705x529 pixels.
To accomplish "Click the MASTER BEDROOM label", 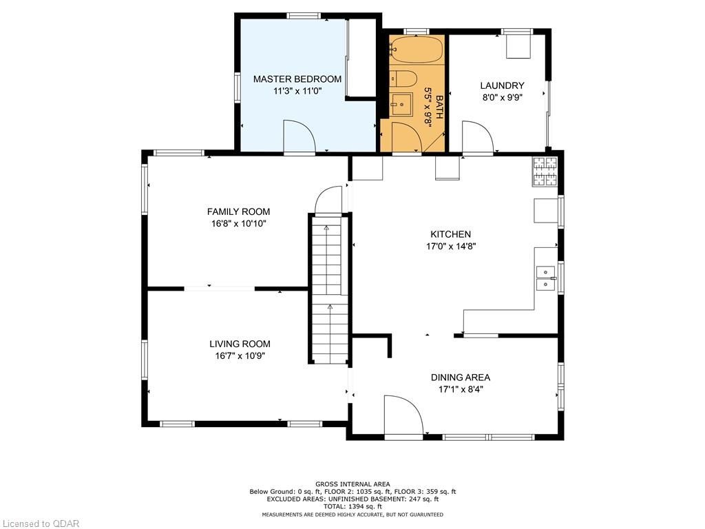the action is [x=297, y=79].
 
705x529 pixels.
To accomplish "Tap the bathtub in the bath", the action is [x=417, y=50].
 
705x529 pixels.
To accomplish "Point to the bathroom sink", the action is [x=401, y=105].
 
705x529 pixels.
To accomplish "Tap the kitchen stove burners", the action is [x=545, y=172].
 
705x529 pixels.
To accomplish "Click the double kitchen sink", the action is [x=546, y=278].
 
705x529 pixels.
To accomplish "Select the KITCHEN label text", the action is [x=450, y=234].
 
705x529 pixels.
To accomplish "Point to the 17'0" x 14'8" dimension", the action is [x=451, y=247].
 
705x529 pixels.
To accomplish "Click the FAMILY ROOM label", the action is [x=238, y=211].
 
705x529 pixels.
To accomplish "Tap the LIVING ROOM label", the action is [x=240, y=344].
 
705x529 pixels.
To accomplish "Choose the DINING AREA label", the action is [x=461, y=377].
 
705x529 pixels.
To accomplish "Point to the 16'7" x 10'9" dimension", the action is [x=240, y=356].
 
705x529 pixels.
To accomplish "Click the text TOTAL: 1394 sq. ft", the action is [x=352, y=506].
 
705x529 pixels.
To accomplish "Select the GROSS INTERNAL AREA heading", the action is [x=352, y=484].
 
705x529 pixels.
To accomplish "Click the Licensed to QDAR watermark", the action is [x=40, y=523].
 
